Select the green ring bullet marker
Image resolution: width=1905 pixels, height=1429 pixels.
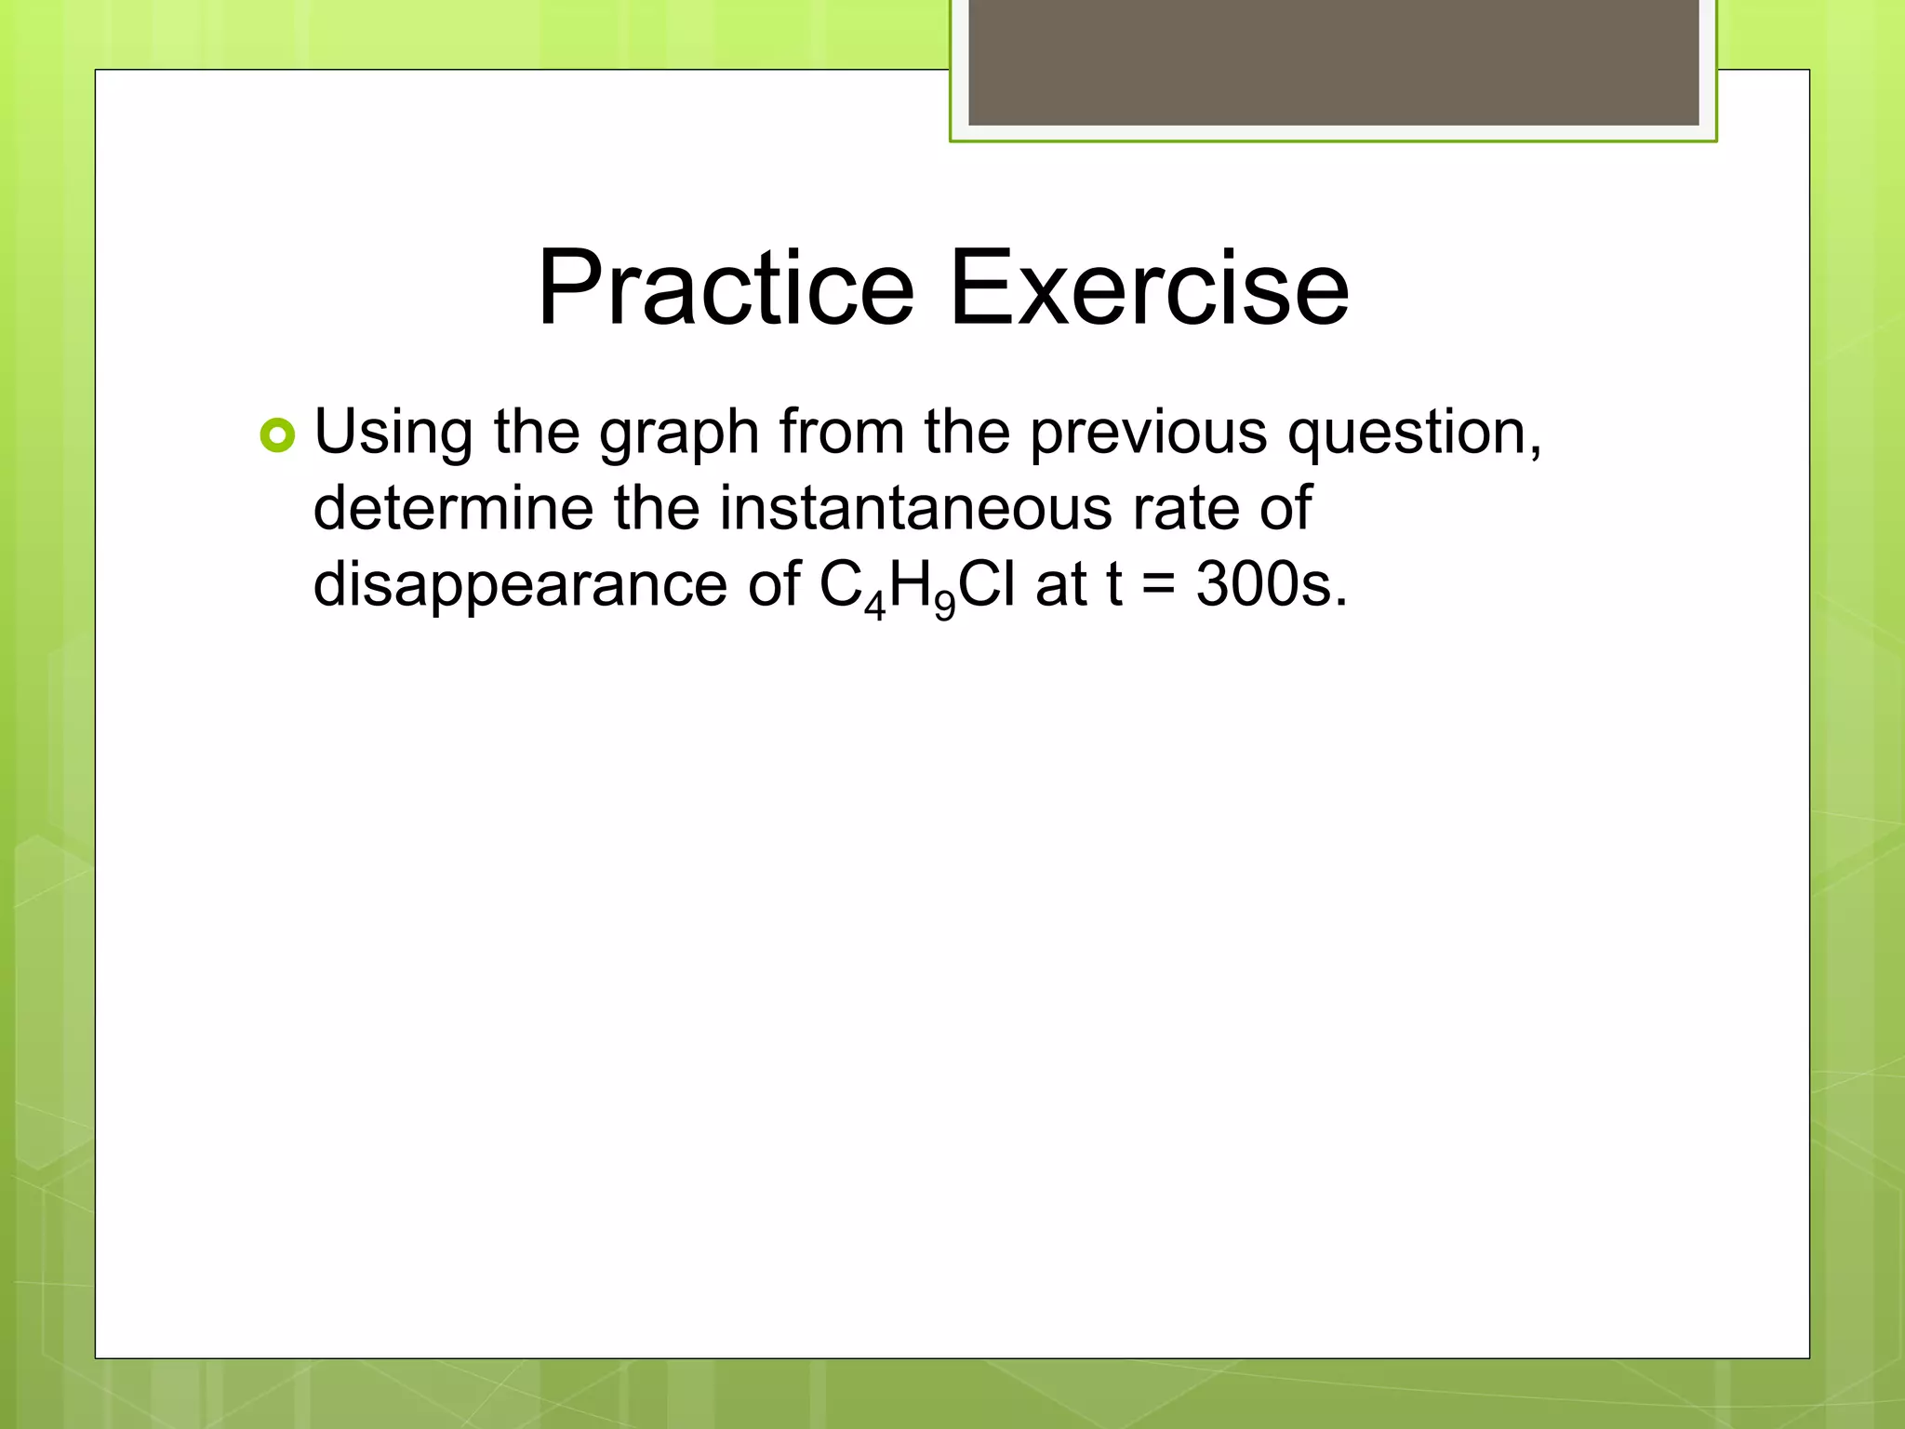click(277, 435)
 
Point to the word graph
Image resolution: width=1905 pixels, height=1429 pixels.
click(679, 435)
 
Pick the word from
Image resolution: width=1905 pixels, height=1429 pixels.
click(842, 433)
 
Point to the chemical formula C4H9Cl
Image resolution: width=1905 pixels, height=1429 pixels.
click(917, 586)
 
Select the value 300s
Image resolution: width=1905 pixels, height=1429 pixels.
click(1271, 585)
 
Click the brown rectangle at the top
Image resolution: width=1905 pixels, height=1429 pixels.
click(1333, 63)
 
